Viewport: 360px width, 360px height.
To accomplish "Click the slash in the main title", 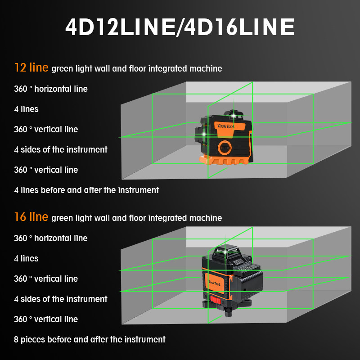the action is pos(180,27).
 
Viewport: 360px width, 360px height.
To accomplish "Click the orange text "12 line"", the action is pos(31,67).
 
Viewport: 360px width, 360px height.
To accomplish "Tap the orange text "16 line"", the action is pos(31,217).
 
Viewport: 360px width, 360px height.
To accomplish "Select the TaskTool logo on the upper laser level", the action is pos(226,126).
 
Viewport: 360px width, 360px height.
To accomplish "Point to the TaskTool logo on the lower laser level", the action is pos(215,283).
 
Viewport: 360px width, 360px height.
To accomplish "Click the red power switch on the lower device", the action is pos(216,300).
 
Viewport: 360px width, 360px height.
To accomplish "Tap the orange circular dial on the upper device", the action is pos(225,148).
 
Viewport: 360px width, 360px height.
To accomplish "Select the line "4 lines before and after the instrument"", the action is pos(86,190).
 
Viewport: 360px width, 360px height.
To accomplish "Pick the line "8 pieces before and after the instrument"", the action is pos(90,339).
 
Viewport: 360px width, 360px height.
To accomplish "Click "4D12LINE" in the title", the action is pos(120,27).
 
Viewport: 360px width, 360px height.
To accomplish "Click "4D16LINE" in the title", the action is pos(239,27).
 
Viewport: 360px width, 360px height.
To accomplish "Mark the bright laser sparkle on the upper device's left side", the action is pos(203,134).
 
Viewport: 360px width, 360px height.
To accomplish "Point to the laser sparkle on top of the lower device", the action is pos(225,252).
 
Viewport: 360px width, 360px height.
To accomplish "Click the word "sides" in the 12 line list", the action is pos(31,150).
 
